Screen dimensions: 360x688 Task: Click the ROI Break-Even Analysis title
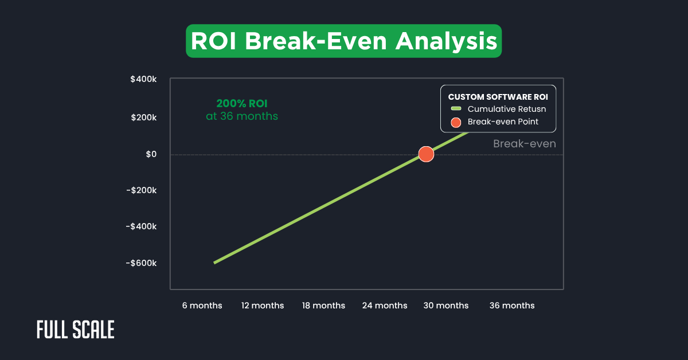(x=343, y=41)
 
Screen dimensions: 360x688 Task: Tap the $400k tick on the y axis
(x=143, y=80)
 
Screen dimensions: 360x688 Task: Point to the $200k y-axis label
(x=143, y=118)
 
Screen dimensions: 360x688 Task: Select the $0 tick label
(x=150, y=154)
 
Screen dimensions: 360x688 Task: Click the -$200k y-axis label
(x=141, y=190)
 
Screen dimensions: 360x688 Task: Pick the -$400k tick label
(x=141, y=226)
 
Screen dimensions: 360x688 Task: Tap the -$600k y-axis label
(x=141, y=263)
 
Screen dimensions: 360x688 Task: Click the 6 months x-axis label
(x=202, y=306)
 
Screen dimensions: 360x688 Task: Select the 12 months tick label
(x=262, y=306)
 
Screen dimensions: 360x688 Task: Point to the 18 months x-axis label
(x=323, y=306)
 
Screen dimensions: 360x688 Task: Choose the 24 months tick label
(x=385, y=306)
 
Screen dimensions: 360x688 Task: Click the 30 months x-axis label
(x=445, y=306)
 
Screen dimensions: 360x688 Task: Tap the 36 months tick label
(x=512, y=306)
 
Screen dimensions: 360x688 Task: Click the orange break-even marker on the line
(x=426, y=154)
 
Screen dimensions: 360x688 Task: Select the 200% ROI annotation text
(x=241, y=104)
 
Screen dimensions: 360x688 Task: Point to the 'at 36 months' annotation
(x=241, y=116)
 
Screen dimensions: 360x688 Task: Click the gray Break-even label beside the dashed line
(x=524, y=144)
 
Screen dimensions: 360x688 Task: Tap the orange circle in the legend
(x=456, y=122)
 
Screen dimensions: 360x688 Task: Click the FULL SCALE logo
(x=76, y=330)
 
